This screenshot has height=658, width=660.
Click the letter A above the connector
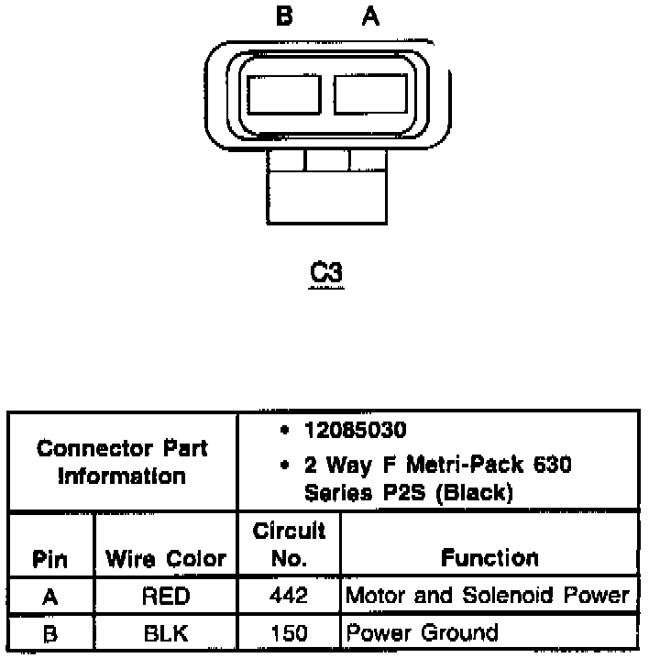[369, 16]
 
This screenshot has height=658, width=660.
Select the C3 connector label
[327, 274]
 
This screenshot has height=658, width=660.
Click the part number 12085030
[357, 431]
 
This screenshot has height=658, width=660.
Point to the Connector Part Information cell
[122, 462]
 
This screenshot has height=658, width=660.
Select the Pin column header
[49, 558]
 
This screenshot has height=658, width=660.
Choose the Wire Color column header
[166, 558]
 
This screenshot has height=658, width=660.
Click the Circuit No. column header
[289, 543]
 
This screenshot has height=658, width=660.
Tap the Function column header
[489, 557]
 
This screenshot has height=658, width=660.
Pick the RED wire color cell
[166, 597]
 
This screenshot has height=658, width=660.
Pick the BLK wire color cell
[166, 632]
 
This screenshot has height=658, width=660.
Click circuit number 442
[289, 597]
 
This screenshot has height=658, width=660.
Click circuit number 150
[289, 632]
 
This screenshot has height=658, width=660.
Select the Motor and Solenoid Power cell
[488, 596]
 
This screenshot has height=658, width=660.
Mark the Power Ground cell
[422, 632]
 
